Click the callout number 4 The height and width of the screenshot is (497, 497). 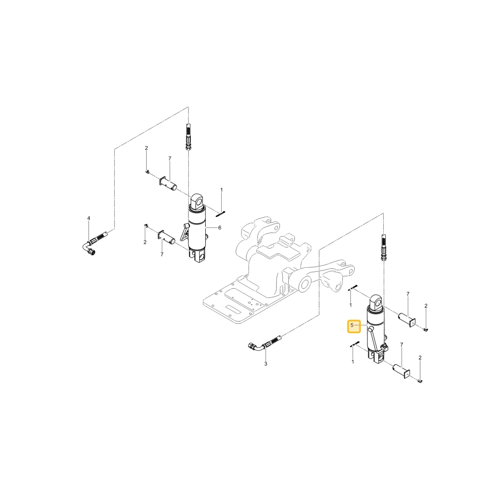coord(89,218)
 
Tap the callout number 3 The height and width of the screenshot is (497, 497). coord(265,364)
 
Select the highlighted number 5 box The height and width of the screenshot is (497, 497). coord(354,326)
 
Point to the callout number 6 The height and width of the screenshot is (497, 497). coord(220,228)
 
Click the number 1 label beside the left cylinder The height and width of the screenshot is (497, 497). coord(222,190)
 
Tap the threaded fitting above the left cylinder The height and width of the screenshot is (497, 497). coord(188,137)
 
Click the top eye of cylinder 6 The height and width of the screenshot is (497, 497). coord(197,200)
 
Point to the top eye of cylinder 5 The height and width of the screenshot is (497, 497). coord(377,302)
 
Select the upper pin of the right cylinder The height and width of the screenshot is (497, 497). coord(407,319)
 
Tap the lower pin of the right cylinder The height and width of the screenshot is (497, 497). coord(402,371)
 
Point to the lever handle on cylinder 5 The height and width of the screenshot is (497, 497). coord(372,340)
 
